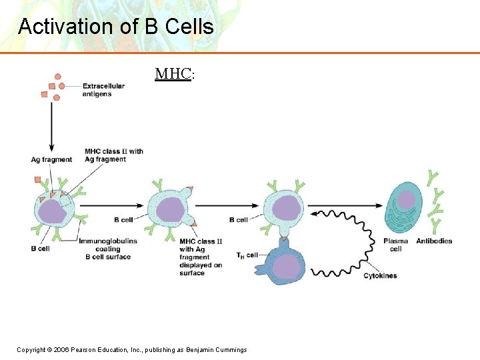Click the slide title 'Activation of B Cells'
coord(116,27)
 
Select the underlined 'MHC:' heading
coord(174,73)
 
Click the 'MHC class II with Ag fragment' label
coord(113,155)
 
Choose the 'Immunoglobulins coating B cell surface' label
coord(108,249)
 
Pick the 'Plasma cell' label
coord(396,245)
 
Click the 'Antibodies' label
coord(434,241)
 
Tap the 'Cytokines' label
coord(380,275)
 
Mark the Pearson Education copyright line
coord(132,350)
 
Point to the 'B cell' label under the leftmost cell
coord(41,249)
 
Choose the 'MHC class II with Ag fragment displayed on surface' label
coord(201,257)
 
